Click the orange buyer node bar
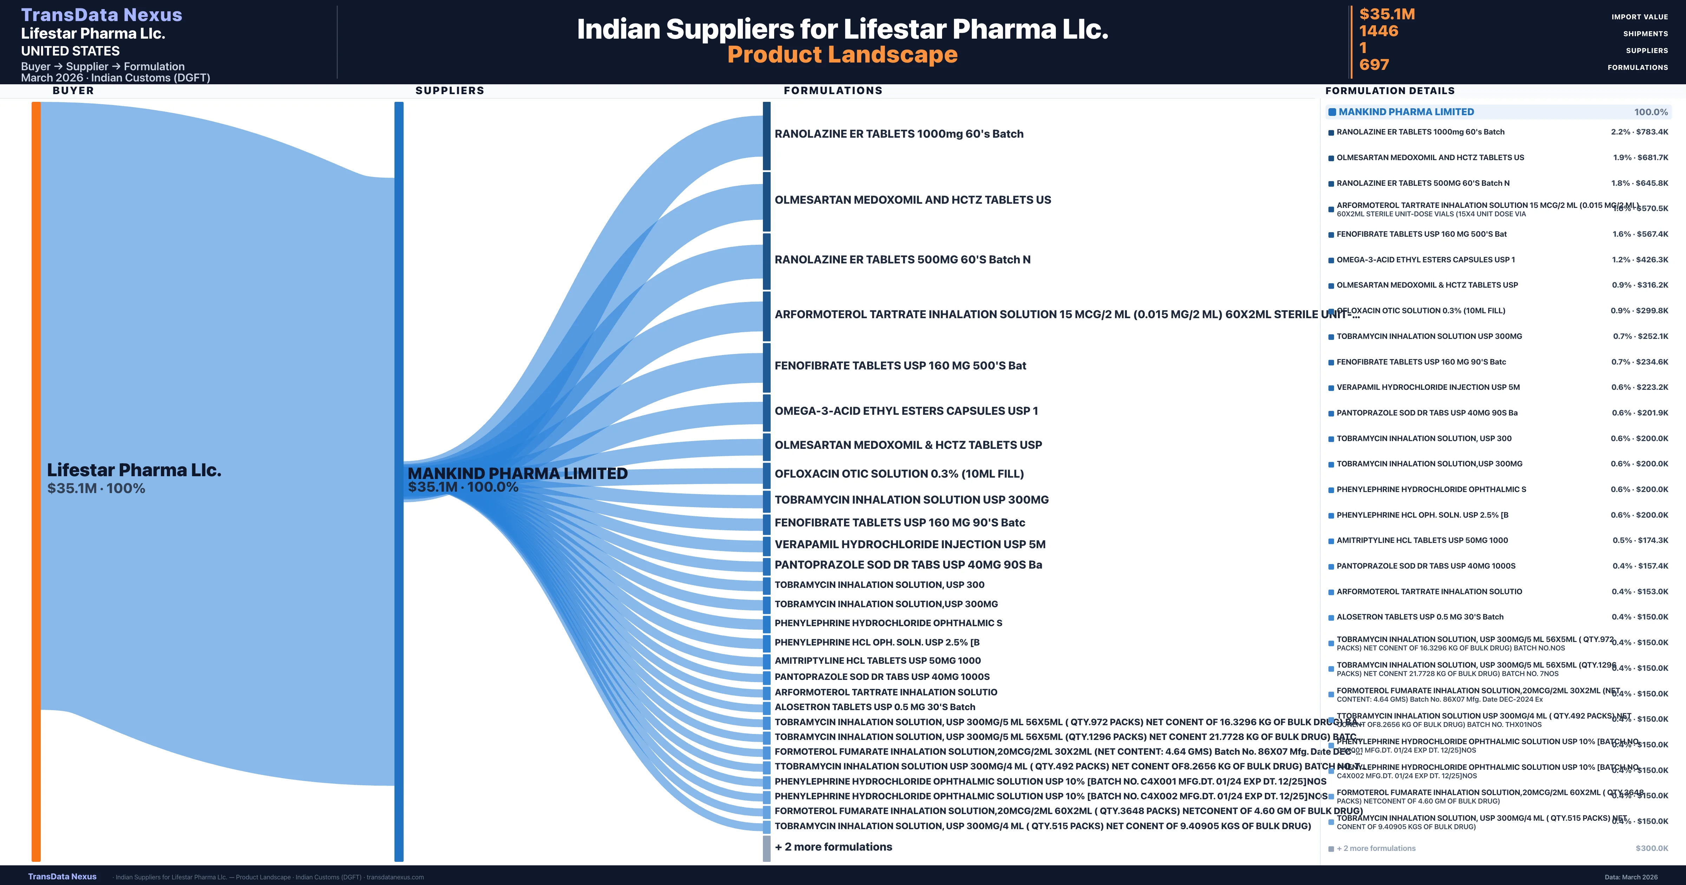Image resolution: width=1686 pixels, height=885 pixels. [x=36, y=481]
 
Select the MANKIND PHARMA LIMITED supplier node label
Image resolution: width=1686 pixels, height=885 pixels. [x=517, y=473]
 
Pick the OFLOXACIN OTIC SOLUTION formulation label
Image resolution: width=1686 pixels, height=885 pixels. [x=898, y=474]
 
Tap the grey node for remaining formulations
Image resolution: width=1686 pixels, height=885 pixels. [x=766, y=848]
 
